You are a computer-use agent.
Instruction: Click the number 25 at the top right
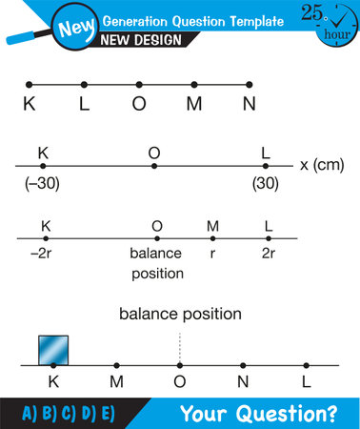(312, 11)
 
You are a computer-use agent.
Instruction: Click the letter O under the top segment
(139, 105)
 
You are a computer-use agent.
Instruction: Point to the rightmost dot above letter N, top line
(250, 84)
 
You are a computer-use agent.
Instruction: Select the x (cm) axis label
(322, 164)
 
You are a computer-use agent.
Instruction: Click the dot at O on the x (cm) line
(154, 166)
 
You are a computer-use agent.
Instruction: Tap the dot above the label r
(213, 238)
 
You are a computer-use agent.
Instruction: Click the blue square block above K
(53, 349)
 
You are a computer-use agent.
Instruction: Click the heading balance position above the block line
(180, 313)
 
